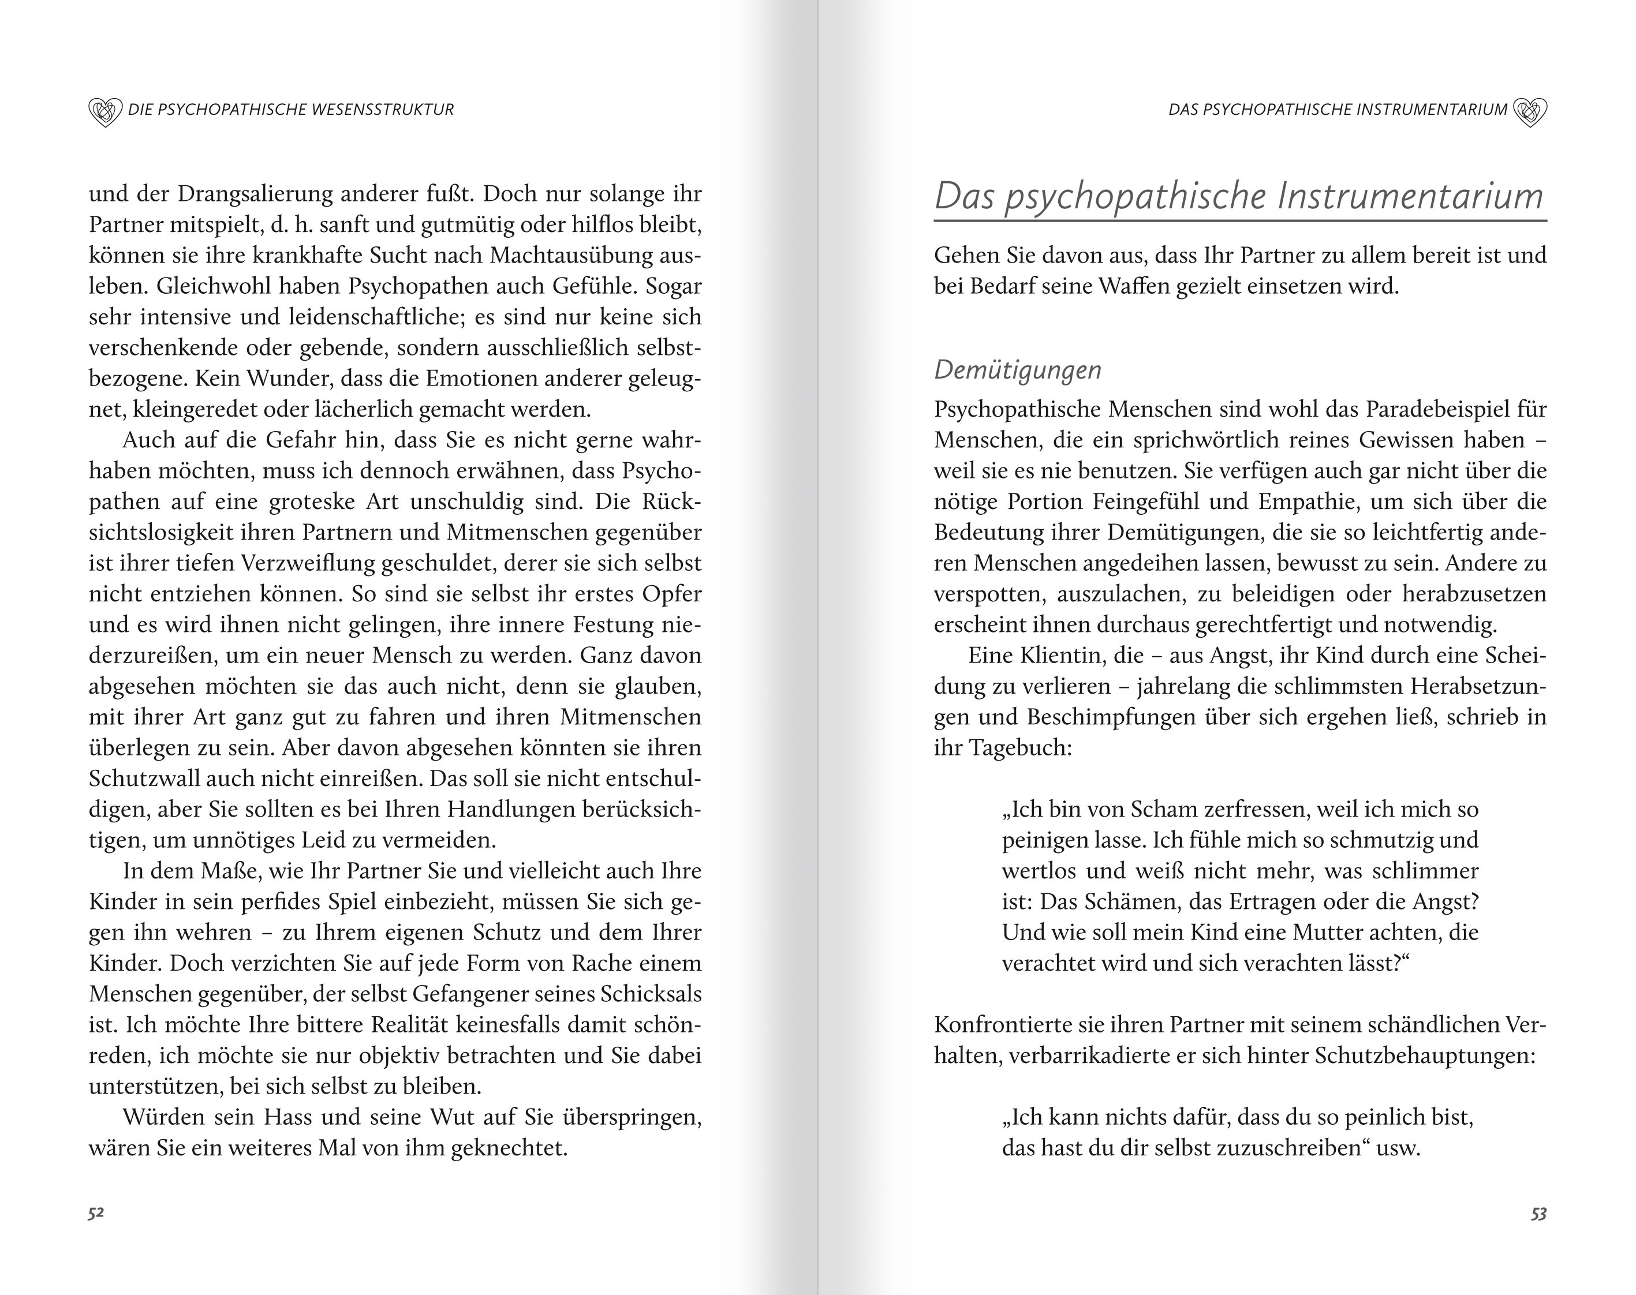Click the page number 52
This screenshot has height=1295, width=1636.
click(x=96, y=1213)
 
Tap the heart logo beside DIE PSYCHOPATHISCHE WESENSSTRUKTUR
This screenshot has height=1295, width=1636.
click(x=104, y=111)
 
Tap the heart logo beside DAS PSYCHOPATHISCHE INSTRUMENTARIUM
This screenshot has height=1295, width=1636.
click(x=1530, y=111)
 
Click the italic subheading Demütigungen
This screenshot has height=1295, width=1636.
click(x=1017, y=370)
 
